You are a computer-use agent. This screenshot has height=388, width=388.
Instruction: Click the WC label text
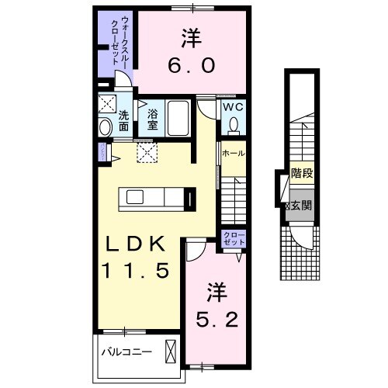pos(234,107)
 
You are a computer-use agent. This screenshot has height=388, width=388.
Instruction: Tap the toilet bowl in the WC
pos(234,123)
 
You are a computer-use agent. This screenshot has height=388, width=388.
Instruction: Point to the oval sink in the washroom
pos(106,127)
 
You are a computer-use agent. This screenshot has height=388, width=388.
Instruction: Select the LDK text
pos(137,245)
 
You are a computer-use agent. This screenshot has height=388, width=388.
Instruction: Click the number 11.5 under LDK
pos(137,271)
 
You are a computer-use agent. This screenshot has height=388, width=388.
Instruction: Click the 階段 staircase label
pos(302,176)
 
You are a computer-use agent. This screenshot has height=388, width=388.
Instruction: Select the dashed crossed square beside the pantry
pos(147,152)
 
